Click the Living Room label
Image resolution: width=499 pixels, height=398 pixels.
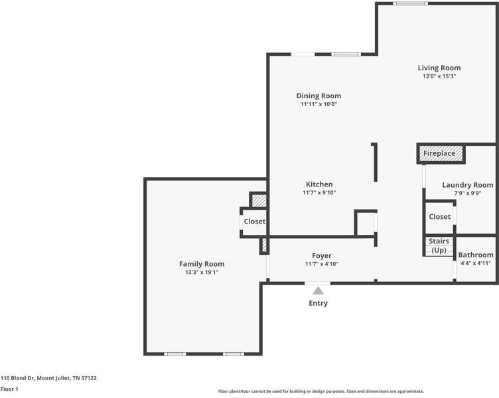pos(439,68)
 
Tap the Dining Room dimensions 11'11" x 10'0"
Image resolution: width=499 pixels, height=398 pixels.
pos(319,104)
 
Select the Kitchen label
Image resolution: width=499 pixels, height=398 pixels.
pos(319,184)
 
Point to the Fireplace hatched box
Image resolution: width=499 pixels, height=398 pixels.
pos(441,154)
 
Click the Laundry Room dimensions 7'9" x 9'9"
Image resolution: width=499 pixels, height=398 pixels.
pos(468,193)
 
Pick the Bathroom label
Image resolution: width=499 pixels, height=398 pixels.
pos(476,255)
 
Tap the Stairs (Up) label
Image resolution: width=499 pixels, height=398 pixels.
pos(439,245)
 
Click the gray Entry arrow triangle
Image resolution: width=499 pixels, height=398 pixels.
pos(318,291)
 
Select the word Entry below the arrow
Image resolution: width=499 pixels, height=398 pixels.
pos(319,303)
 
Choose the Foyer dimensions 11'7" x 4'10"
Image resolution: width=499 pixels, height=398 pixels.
pos(322,264)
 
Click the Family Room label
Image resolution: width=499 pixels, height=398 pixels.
pos(202,264)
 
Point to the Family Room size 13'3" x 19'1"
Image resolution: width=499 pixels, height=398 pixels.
pos(202,272)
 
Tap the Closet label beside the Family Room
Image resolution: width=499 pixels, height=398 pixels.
pos(255,222)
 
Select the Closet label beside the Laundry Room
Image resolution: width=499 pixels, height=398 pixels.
pos(440,217)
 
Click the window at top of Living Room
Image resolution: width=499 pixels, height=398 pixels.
pos(410,3)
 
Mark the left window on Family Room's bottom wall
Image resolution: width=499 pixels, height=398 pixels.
pos(175,354)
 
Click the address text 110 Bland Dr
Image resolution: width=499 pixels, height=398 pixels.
pos(17,378)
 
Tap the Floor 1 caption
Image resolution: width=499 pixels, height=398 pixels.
pos(9,389)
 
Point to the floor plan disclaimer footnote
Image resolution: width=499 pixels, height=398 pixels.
pos(321,391)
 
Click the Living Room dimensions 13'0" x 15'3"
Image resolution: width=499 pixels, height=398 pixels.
pos(439,76)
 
